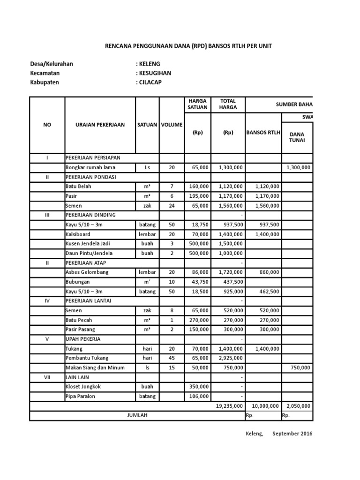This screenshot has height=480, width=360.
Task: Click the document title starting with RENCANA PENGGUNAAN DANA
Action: pos(187,46)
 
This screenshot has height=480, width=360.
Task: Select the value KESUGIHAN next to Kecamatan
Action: pos(155,73)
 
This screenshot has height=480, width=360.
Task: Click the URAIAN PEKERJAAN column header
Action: pos(100,125)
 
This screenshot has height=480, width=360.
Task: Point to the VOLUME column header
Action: pos(172,125)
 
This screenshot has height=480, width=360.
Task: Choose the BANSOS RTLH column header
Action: pos(263,133)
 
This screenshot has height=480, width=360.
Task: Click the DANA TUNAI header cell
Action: pos(297,137)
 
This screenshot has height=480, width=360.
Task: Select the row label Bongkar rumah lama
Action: pos(90,167)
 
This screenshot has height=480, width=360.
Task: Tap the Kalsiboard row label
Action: pos(78,234)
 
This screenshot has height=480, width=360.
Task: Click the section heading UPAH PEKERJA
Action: pos(83,338)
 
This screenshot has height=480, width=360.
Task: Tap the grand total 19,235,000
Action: pos(229,406)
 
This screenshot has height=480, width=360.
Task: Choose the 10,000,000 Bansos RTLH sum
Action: pos(265,406)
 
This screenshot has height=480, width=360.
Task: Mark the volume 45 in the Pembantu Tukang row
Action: pos(172,358)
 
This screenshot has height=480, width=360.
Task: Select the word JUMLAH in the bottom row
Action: pos(137,415)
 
